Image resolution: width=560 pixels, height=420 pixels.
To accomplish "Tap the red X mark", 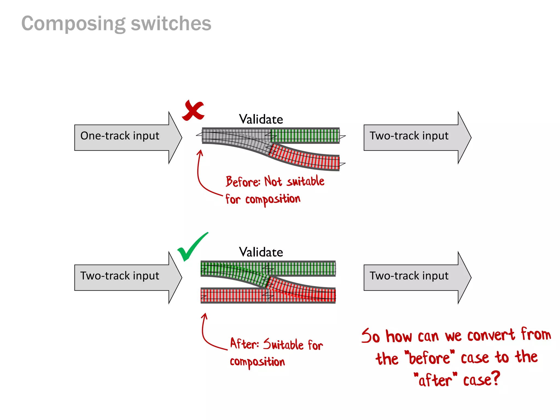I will [x=193, y=110].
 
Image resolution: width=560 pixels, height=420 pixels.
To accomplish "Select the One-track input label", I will [x=120, y=136].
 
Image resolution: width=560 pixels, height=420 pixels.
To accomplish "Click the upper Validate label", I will [x=261, y=119].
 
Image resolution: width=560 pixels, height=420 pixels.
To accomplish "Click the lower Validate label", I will [x=261, y=252].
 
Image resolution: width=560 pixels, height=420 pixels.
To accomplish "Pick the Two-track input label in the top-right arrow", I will [x=409, y=136].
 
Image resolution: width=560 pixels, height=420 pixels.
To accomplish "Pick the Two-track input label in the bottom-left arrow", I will [x=120, y=276].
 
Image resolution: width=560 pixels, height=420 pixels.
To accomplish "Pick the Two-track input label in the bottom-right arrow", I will [x=409, y=276].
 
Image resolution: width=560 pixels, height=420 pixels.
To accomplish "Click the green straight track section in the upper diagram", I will [x=305, y=135].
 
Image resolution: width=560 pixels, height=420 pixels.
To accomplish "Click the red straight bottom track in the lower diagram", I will [x=232, y=295].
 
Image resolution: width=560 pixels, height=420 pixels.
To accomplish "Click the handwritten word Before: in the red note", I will [x=243, y=182].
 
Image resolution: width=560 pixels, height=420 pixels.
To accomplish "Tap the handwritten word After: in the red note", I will [x=244, y=344].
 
